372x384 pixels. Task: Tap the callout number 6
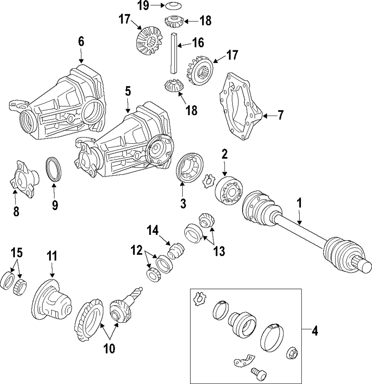pos(81,41)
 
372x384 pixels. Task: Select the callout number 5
pos(128,91)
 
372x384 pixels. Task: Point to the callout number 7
pos(280,115)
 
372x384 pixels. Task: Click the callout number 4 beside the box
pos(315,330)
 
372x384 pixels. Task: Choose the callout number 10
pos(110,348)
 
